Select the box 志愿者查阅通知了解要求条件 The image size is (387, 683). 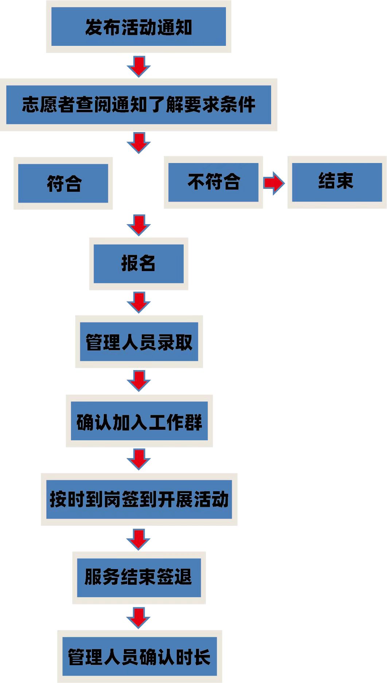[138, 105]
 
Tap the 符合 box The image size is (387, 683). [63, 183]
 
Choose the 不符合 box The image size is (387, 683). [213, 182]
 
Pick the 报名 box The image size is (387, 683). [138, 263]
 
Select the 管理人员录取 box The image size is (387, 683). [139, 341]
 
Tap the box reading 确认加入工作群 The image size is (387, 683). [139, 421]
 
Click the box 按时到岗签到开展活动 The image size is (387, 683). [139, 499]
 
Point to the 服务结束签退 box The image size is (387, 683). [139, 577]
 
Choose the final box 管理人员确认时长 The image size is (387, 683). [140, 656]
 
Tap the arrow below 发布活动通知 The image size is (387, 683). [138, 66]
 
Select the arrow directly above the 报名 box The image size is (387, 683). [138, 225]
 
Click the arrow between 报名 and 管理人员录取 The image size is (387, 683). [138, 302]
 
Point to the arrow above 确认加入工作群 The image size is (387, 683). [138, 381]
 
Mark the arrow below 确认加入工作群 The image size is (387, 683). [138, 459]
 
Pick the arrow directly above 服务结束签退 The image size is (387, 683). [138, 539]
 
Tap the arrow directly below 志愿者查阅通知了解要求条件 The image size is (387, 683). [138, 143]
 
